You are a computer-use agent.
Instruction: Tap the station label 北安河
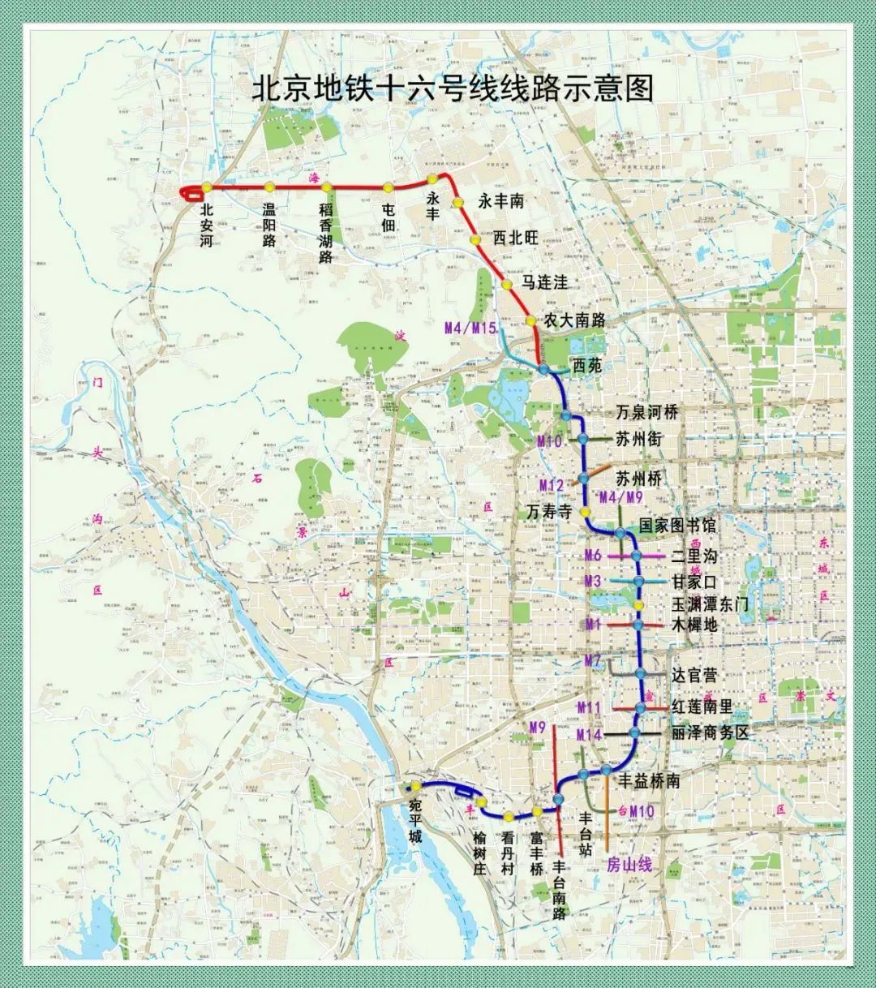point(206,225)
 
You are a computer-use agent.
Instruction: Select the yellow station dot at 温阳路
point(269,187)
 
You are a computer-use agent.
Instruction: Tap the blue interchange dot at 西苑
point(543,369)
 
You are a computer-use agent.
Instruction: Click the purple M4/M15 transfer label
point(471,329)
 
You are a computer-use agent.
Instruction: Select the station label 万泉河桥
point(646,412)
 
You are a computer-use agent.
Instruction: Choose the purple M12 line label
point(551,485)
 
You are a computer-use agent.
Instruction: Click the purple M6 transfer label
point(593,556)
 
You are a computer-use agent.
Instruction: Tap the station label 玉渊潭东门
point(709,604)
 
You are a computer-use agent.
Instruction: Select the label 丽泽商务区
point(709,732)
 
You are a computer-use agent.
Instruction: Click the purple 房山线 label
point(629,865)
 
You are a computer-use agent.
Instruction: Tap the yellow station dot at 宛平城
point(415,785)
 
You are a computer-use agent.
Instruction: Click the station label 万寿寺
point(549,513)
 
